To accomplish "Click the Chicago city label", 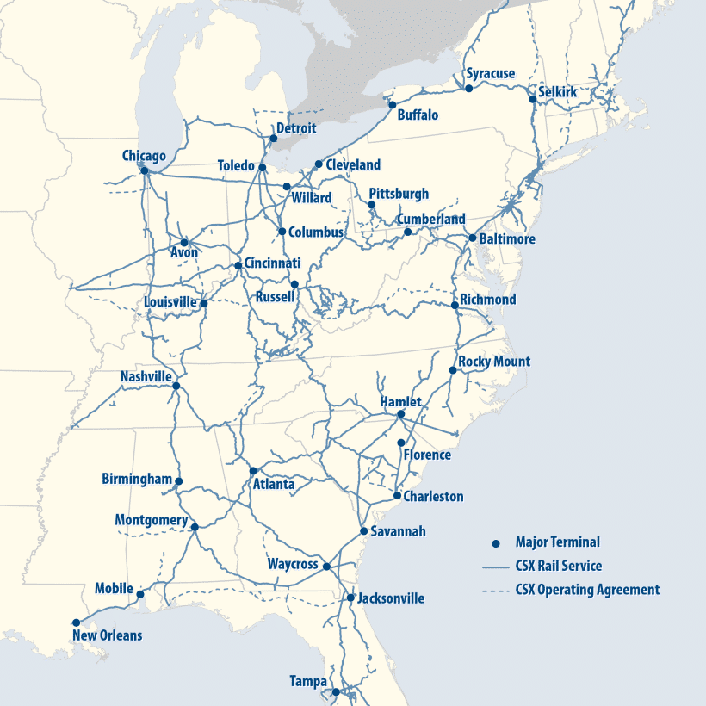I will click(144, 156).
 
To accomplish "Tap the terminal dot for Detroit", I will click(273, 138).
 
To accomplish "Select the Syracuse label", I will click(490, 74).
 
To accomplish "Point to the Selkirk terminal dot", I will click(532, 100).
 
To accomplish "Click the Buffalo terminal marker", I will click(392, 105).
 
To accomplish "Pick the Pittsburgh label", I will click(398, 194).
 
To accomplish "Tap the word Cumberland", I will click(430, 219).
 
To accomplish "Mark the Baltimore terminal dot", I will click(472, 238).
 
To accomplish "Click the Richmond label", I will click(488, 300).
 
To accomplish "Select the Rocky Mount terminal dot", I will click(453, 370).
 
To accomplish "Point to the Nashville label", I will click(146, 377).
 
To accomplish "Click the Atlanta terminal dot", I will click(252, 471).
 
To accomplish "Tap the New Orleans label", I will click(108, 636).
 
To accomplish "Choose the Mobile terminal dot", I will click(140, 594).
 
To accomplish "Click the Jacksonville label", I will click(391, 598).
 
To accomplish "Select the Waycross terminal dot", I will click(326, 566).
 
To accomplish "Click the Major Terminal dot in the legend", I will click(495, 543).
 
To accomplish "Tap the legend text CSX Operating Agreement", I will click(587, 590).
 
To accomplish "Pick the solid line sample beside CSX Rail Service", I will click(494, 567).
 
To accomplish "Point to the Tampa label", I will click(308, 682).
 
